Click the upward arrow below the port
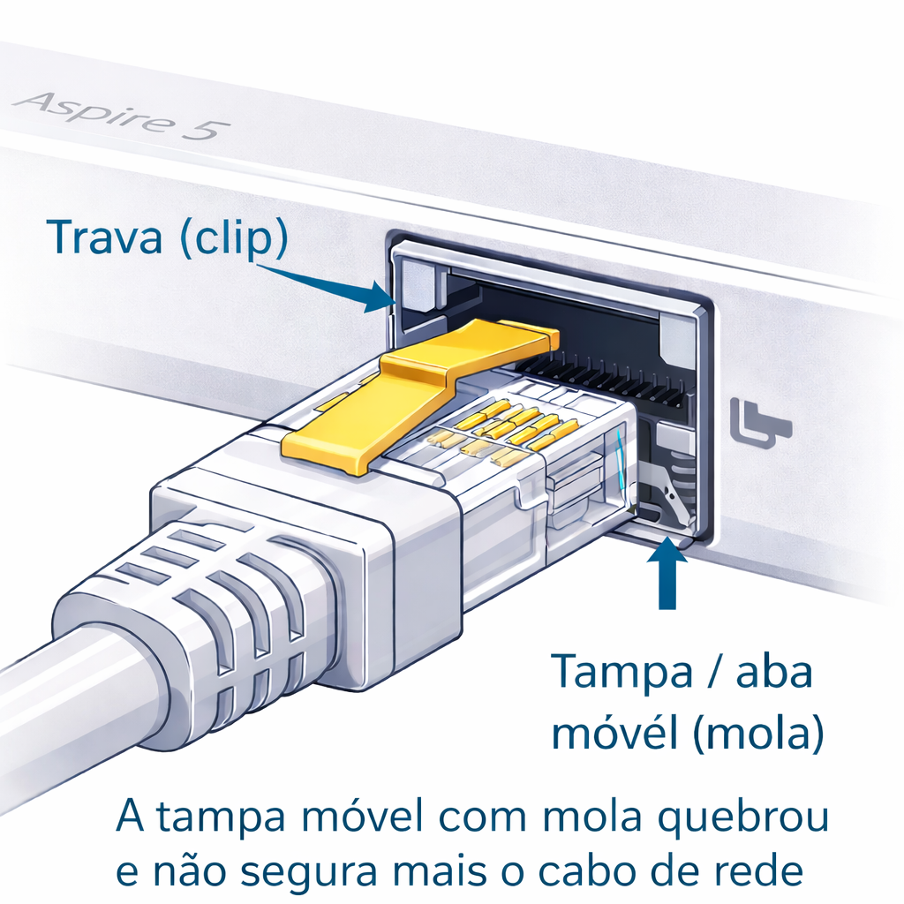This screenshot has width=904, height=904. click(x=667, y=574)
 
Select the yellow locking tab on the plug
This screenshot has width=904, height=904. click(x=415, y=388)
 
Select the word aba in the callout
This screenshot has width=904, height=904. click(x=773, y=674)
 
